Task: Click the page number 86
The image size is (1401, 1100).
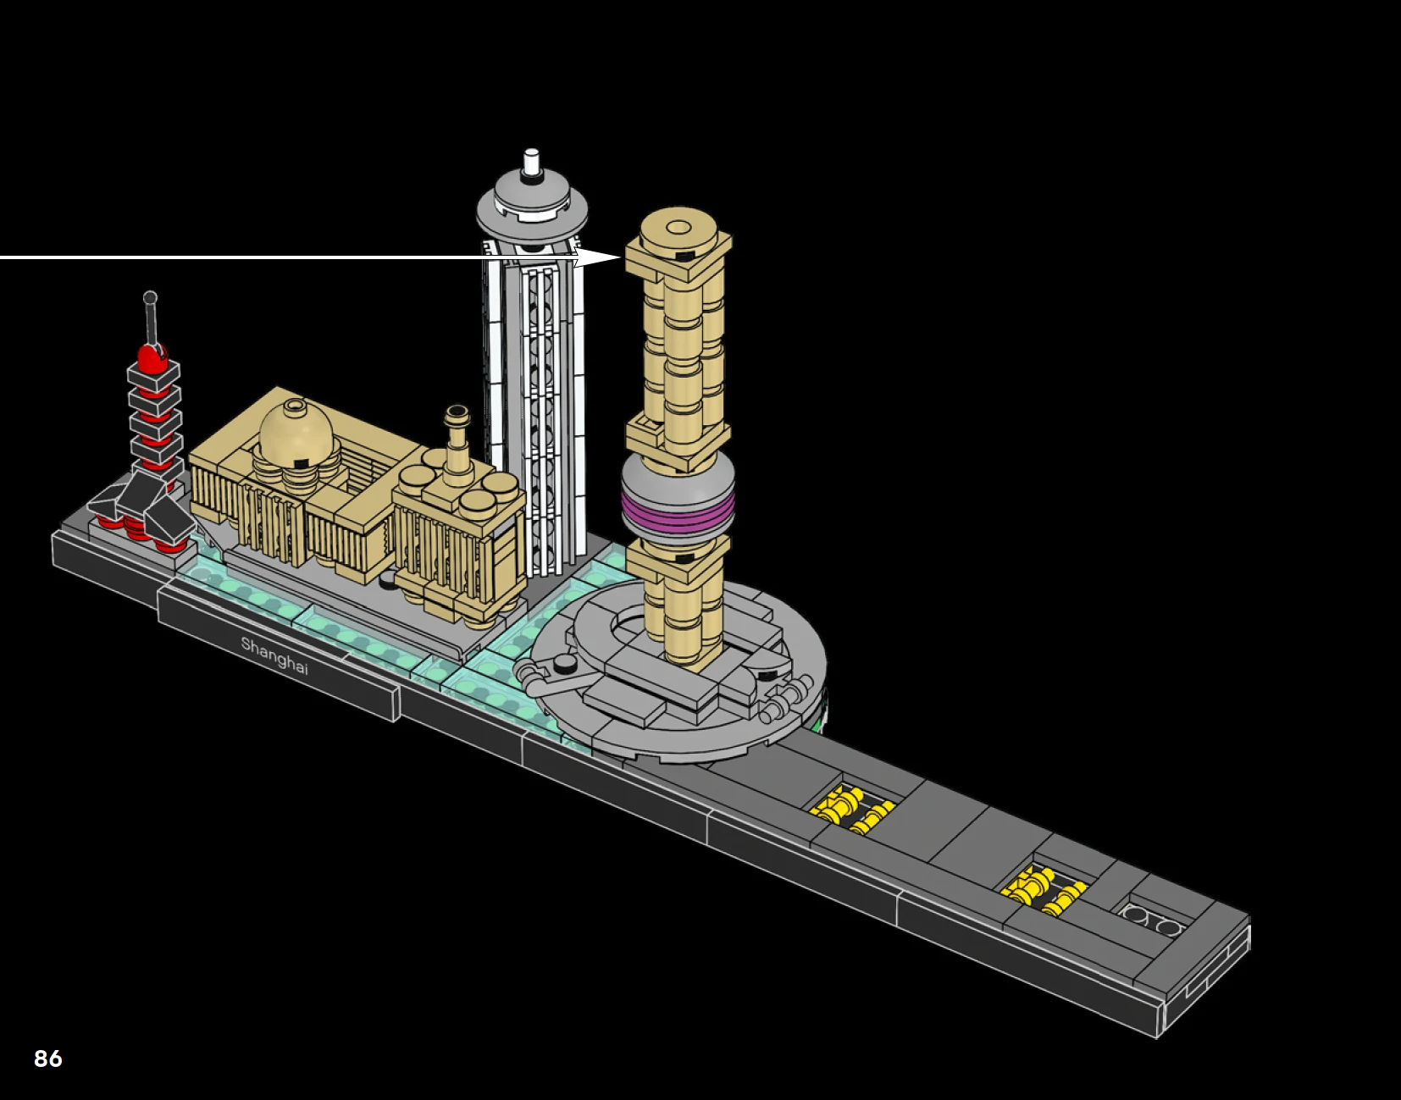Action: [47, 1059]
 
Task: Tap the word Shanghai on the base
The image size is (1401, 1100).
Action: [274, 655]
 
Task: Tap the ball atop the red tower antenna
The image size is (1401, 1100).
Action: [150, 298]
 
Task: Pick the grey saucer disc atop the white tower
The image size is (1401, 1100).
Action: [532, 207]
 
